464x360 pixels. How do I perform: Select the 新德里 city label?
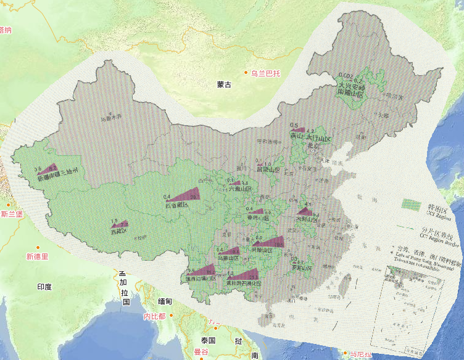(x=36, y=256)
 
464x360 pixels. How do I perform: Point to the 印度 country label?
(x=44, y=287)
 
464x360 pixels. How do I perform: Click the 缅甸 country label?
(x=166, y=301)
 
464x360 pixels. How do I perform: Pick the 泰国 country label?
(x=207, y=340)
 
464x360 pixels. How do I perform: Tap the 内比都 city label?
(x=153, y=316)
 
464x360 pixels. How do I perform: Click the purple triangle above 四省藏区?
(x=186, y=196)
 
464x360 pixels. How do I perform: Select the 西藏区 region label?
(x=118, y=232)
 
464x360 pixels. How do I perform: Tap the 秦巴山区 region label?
(x=258, y=218)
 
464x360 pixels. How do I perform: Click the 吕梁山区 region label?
(x=268, y=169)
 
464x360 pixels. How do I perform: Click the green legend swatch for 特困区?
(x=410, y=203)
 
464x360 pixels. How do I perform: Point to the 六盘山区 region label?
(x=240, y=189)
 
